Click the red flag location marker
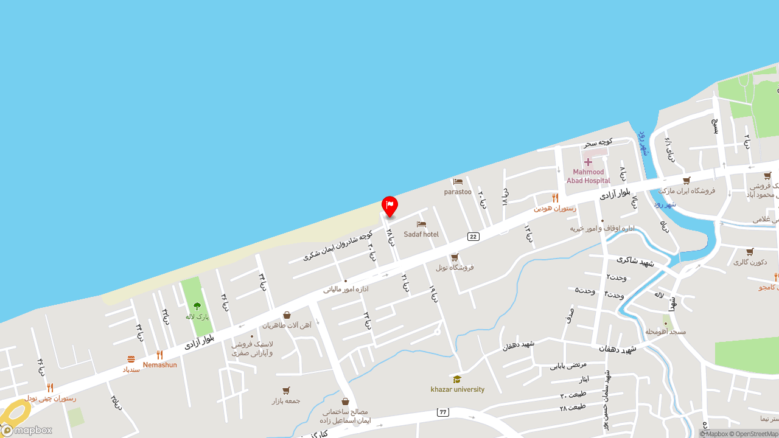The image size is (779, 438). click(x=389, y=206)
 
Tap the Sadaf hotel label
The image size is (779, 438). click(x=421, y=234)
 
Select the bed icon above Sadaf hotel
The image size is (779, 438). click(x=421, y=224)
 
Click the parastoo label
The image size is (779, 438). click(x=458, y=192)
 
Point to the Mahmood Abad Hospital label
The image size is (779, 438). click(x=589, y=176)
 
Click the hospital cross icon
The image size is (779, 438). click(x=588, y=162)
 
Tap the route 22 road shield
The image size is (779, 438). click(x=473, y=236)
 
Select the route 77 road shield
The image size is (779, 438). click(x=442, y=412)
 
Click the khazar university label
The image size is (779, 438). click(x=458, y=389)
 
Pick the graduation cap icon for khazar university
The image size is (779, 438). click(x=457, y=379)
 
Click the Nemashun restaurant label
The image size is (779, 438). click(x=160, y=365)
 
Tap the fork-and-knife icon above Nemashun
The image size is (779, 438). click(x=159, y=355)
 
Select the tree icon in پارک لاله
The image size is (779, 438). click(x=197, y=306)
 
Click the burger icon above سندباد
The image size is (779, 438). click(x=131, y=360)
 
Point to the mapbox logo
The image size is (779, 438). click(x=27, y=430)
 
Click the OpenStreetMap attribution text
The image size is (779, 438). click(x=756, y=434)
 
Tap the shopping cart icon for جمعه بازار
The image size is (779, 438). click(x=286, y=391)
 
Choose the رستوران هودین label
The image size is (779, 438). click(x=555, y=208)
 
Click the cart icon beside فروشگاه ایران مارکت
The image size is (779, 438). click(x=686, y=181)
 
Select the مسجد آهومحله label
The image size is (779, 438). click(x=666, y=332)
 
